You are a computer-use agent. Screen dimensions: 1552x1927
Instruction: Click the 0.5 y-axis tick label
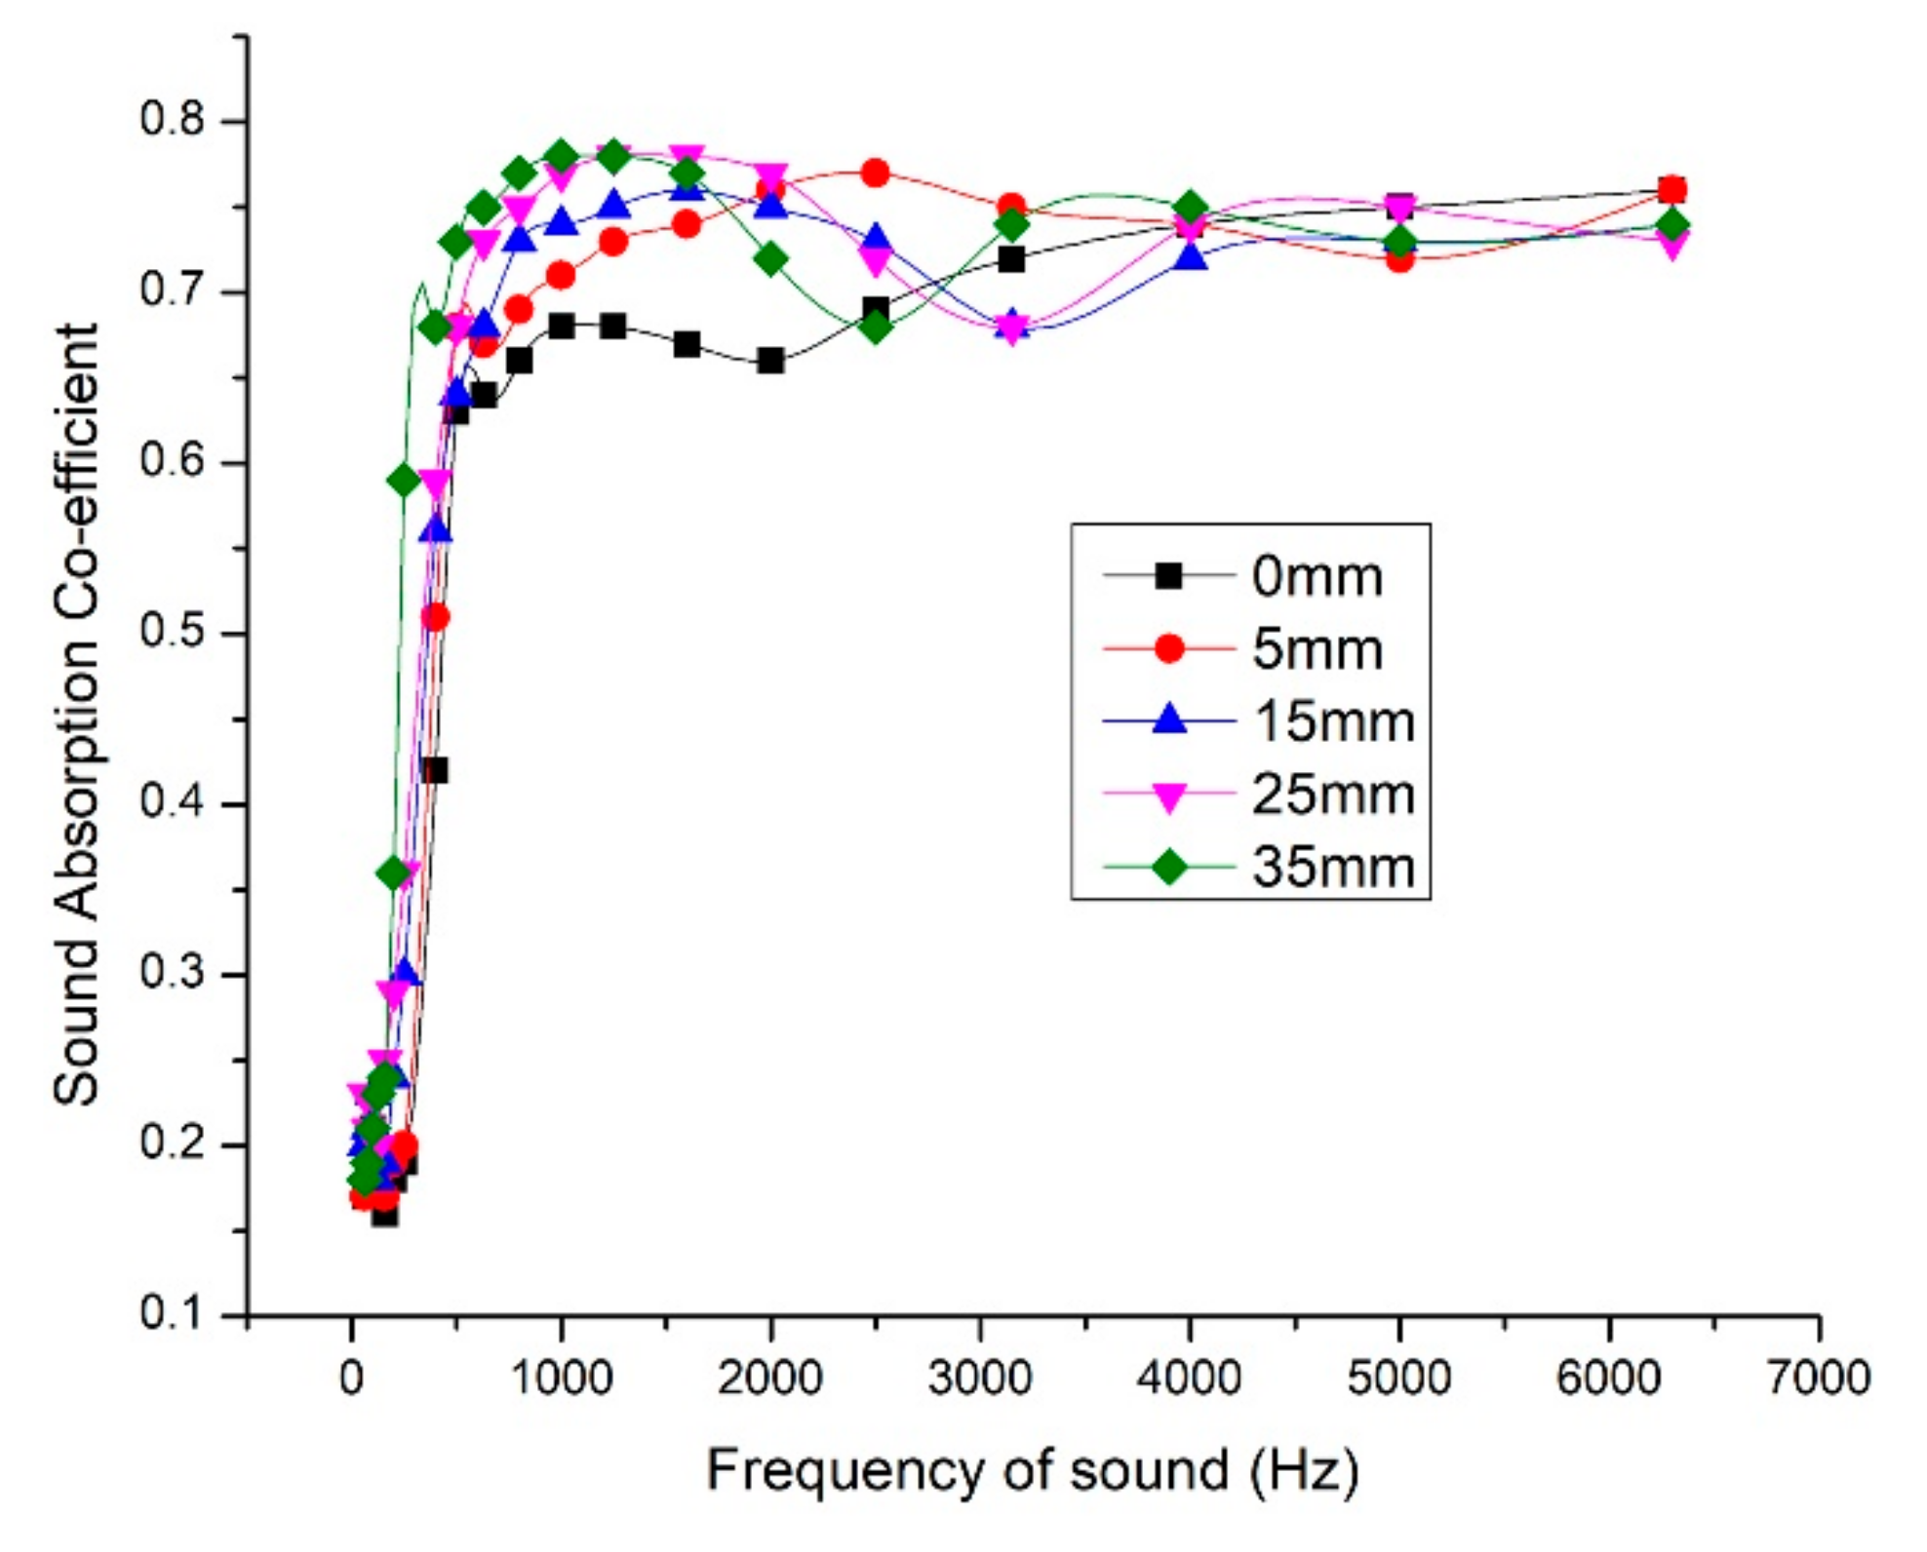point(173,632)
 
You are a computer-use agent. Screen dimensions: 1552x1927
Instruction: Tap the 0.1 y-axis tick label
point(173,1313)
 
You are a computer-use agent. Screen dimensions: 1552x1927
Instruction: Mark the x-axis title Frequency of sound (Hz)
point(1032,1470)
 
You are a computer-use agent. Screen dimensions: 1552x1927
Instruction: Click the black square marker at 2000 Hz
point(770,361)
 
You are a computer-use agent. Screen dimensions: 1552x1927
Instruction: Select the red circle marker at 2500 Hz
point(875,174)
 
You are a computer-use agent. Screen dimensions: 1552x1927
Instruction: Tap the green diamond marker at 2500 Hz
point(876,327)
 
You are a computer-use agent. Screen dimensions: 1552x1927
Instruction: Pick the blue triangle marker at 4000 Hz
point(1190,257)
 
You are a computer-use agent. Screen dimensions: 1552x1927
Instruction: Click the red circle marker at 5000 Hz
point(1399,258)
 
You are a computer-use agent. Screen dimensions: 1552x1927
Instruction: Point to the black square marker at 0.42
point(435,770)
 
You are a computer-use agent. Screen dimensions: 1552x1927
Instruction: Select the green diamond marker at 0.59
point(404,480)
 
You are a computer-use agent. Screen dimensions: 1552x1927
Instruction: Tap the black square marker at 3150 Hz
point(1011,259)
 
